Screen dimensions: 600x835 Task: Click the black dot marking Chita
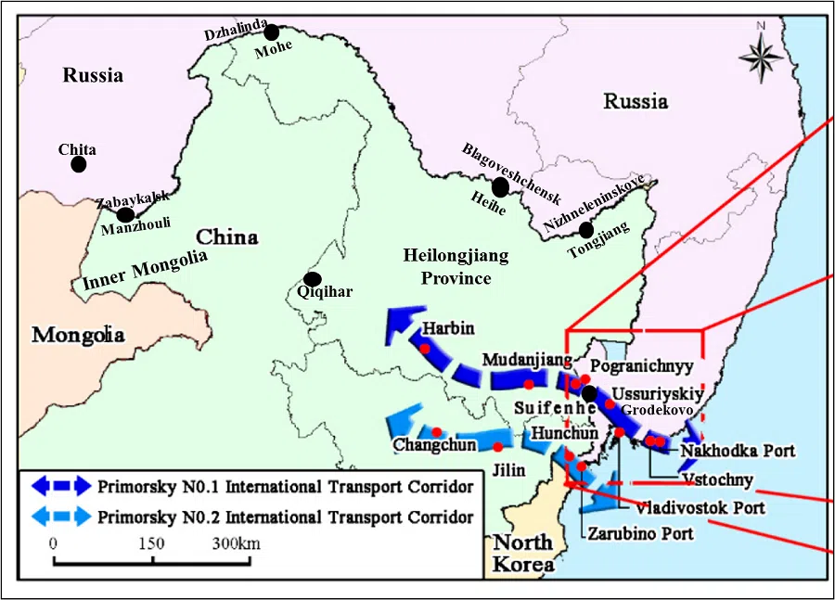click(79, 164)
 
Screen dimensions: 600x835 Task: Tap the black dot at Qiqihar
click(313, 279)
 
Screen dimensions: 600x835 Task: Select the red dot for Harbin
click(424, 349)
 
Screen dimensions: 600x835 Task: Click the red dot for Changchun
click(436, 432)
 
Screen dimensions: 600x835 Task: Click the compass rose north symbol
click(762, 57)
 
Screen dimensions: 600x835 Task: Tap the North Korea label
click(521, 553)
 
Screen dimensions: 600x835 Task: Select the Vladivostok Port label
click(700, 507)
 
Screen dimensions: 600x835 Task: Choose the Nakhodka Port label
click(738, 452)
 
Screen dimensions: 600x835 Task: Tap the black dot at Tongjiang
click(585, 229)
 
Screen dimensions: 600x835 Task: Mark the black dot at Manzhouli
click(125, 214)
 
